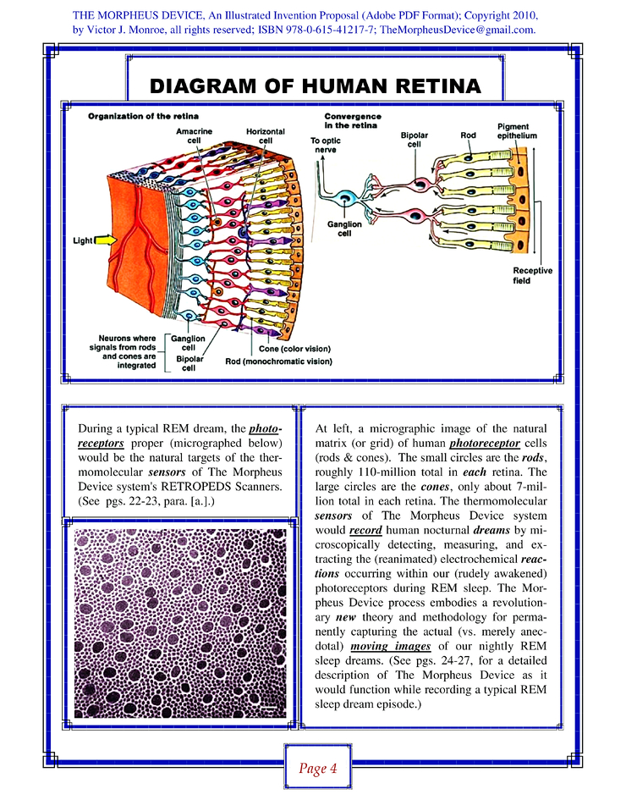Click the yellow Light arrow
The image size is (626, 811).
point(105,240)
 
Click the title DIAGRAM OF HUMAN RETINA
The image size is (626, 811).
point(315,86)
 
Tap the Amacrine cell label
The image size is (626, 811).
point(194,135)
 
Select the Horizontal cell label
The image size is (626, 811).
point(265,135)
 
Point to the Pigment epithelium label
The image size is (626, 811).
point(517,130)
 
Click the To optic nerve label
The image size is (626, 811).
point(326,145)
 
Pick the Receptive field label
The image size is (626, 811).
point(532,276)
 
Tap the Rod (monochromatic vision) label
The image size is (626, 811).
point(278,361)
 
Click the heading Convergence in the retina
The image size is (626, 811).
point(353,120)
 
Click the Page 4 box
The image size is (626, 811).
point(317,769)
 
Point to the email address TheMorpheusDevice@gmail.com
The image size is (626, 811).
point(458,30)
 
